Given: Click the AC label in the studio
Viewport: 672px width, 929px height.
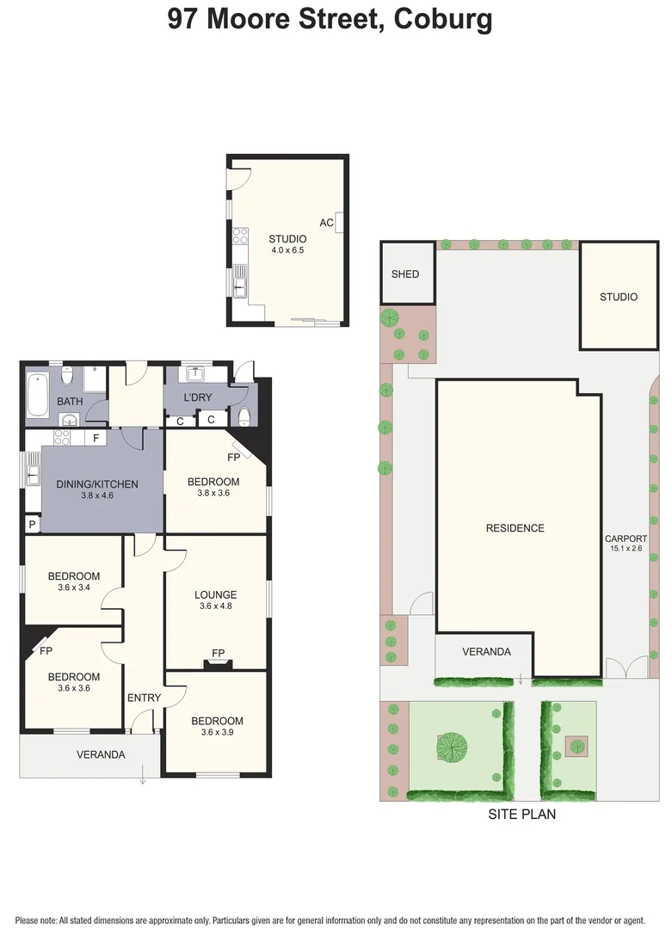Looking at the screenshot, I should coord(326,223).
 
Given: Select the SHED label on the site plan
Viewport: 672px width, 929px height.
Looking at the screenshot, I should coord(405,274).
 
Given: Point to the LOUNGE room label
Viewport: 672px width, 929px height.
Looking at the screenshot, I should coord(215,594).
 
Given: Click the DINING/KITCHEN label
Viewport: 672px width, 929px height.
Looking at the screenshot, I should coord(97,484).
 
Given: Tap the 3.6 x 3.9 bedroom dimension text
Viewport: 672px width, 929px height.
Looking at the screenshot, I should coord(217,733).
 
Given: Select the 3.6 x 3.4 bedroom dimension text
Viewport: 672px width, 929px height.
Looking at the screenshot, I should coord(73,588).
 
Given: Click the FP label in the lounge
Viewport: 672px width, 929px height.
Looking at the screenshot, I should coord(219,654).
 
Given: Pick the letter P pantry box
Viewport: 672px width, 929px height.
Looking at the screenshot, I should coord(32,524).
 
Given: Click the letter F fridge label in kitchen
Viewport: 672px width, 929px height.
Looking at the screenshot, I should coord(96,439).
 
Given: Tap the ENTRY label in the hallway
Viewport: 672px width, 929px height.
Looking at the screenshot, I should coord(144,698).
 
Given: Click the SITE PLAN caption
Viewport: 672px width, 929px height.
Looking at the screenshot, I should coord(521,814).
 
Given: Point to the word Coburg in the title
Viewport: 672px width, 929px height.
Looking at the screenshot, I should coord(443,19).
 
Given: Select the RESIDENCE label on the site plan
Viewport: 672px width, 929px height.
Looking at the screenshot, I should coord(515,528).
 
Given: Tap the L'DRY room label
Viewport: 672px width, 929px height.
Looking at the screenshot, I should coord(198,398).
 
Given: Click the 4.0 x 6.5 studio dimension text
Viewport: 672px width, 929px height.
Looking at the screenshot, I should coord(287,250).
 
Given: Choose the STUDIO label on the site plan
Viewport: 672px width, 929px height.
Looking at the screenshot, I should coord(619,297).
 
